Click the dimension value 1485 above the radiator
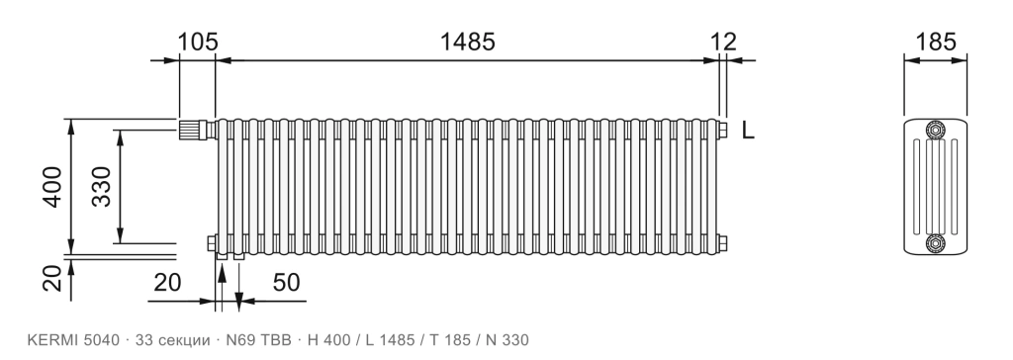pyautogui.click(x=467, y=42)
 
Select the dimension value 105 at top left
pyautogui.click(x=198, y=42)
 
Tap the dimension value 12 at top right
pyautogui.click(x=723, y=42)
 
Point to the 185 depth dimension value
pyautogui.click(x=936, y=42)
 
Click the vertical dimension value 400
pyautogui.click(x=52, y=188)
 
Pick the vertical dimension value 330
pyautogui.click(x=102, y=187)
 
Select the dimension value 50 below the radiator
pyautogui.click(x=286, y=283)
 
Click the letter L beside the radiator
pyautogui.click(x=748, y=131)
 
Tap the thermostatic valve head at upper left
pyautogui.click(x=192, y=130)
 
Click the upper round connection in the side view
pyautogui.click(x=935, y=131)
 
